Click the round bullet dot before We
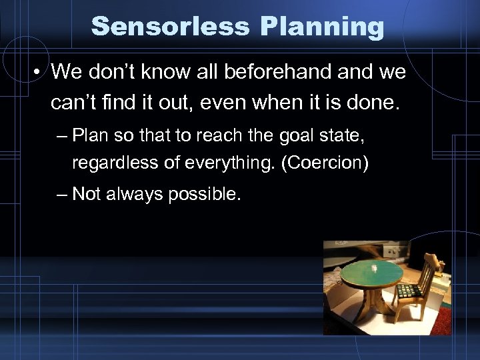(39, 72)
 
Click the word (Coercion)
(325, 162)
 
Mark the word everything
(225, 162)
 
